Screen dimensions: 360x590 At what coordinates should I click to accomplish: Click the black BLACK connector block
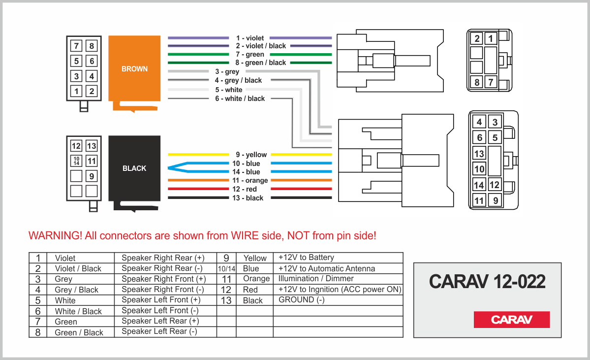[134, 168]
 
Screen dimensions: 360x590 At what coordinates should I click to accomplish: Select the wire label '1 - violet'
[249, 38]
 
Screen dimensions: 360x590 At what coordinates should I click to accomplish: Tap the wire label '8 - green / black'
[260, 63]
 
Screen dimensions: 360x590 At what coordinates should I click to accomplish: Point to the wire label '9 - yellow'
[251, 155]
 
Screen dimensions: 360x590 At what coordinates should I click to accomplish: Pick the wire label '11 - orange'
[250, 181]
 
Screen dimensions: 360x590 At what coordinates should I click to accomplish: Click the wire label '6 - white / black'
[240, 98]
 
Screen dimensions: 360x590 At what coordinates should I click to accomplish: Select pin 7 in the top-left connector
[76, 46]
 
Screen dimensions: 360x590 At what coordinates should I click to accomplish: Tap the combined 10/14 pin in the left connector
[76, 161]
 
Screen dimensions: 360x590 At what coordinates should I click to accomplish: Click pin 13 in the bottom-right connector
[479, 154]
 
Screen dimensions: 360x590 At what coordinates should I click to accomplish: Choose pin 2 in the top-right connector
[477, 39]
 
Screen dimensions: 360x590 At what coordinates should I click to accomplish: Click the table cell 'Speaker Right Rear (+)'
[162, 258]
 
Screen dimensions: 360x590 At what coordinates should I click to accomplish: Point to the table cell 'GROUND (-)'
[301, 300]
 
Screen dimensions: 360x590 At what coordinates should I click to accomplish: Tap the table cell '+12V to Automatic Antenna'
[327, 268]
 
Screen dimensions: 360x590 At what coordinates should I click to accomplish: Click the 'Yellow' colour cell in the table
[255, 258]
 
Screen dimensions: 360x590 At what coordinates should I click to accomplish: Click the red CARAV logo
[511, 320]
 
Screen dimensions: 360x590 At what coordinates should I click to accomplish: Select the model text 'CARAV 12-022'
[487, 282]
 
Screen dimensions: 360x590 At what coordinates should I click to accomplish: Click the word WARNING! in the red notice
[55, 235]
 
